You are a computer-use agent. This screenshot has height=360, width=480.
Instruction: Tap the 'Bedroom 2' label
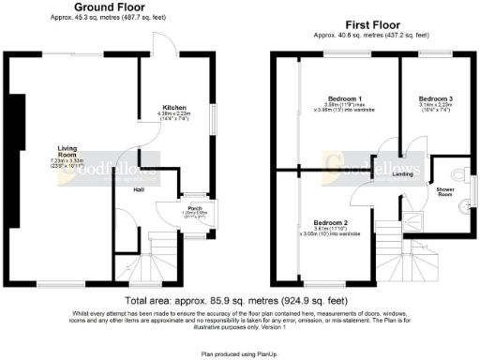pos(319,221)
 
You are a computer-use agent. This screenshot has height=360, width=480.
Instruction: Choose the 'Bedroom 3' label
pos(434,98)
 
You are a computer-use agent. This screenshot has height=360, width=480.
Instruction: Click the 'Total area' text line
pos(239,298)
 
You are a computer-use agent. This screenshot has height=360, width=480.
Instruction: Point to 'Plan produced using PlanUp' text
pos(239,354)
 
